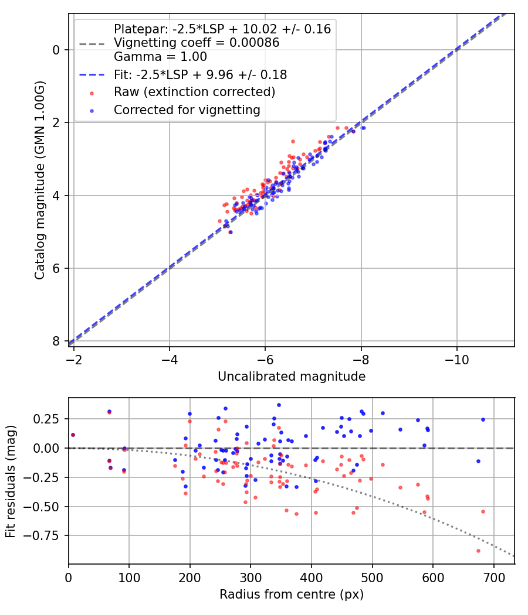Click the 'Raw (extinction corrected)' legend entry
pos(194,92)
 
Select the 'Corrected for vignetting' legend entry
pos(187,110)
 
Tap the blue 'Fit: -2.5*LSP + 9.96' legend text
pos(200,75)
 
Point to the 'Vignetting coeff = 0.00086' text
pos(197,43)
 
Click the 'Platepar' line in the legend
pos(222,29)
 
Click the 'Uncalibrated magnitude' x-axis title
pos(292,377)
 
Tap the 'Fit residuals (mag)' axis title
pos(11,481)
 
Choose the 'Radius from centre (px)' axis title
pos(292,594)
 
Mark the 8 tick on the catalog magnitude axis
pos(56,341)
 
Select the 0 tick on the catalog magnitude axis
pos(56,50)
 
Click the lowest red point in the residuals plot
pos(478,551)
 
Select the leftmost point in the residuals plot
pos(73,435)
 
